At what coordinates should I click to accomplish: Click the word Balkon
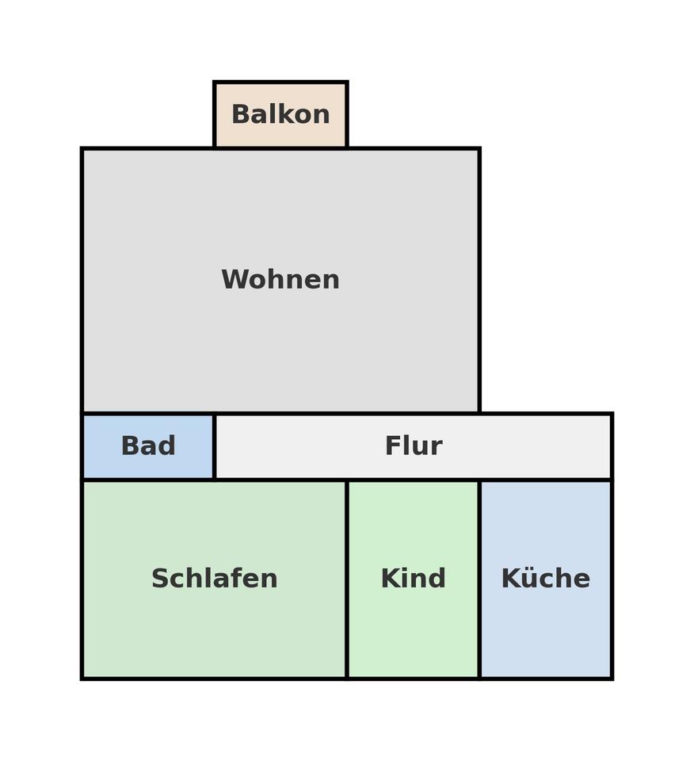280,115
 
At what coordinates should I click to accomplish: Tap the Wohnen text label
280,280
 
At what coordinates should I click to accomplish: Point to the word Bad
148,446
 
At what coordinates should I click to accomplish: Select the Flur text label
413,446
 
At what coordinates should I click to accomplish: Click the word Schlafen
214,579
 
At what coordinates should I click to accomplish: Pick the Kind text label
413,579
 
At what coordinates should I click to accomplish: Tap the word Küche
545,579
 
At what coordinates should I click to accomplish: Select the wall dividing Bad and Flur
214,446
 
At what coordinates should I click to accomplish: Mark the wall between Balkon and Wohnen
280,148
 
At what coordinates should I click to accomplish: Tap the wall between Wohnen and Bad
148,413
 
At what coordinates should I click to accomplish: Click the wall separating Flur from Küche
545,480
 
